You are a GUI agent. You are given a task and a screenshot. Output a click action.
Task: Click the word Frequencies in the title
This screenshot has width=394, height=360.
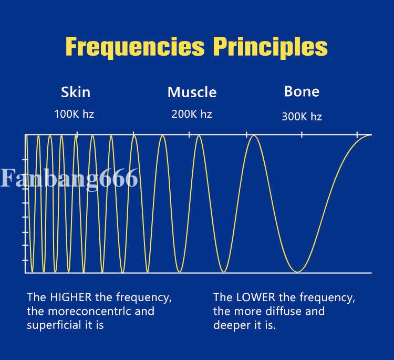134,47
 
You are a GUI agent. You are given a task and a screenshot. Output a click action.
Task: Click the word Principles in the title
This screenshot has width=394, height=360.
270,47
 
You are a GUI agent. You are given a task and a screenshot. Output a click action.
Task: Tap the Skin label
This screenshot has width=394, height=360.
76,92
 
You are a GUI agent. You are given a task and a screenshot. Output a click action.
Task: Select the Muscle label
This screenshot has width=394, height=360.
192,92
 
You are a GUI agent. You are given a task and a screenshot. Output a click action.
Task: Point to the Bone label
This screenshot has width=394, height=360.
302,91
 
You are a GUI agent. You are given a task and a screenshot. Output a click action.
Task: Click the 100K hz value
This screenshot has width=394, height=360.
74,114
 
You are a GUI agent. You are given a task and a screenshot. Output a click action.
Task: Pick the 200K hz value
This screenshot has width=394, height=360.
192,114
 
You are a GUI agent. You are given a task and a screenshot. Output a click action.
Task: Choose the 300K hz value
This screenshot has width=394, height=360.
302,117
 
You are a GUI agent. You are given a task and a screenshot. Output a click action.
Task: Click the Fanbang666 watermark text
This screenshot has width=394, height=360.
69,178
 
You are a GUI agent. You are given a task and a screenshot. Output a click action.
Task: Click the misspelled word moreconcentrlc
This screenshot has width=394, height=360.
87,311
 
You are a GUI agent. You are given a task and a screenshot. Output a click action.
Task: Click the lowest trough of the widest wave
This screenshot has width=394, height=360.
297,272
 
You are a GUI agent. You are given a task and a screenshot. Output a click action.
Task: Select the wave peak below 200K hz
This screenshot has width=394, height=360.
199,136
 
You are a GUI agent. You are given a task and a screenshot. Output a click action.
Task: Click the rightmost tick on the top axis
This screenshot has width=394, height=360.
357,135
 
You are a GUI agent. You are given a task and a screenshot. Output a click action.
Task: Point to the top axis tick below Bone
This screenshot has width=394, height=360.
302,135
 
